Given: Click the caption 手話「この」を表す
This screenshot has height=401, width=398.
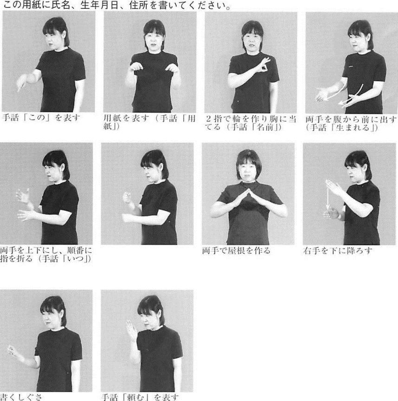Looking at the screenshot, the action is click(41, 118).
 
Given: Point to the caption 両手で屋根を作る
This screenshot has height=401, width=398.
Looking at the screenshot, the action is click(236, 250).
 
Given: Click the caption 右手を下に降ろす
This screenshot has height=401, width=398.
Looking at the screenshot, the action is click(338, 250).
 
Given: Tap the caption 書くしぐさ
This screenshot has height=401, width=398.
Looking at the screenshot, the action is click(21, 397).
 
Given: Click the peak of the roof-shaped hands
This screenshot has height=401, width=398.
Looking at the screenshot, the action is click(248, 189).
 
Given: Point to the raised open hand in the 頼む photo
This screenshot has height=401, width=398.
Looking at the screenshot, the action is click(132, 330).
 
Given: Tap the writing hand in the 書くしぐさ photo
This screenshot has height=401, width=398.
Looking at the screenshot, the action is click(13, 350).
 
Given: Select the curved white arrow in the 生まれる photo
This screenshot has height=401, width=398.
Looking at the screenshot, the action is click(351, 95).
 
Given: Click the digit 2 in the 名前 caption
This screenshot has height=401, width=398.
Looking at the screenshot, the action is click(209, 118).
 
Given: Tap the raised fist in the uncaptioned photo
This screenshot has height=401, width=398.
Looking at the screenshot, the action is click(128, 197).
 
